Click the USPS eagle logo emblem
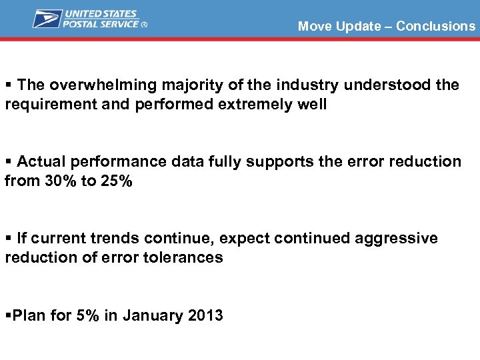coord(47,19)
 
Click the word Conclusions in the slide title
coord(435,27)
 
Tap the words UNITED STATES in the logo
coord(101,14)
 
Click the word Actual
coord(41,162)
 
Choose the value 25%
coord(116,181)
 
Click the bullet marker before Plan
coord(7,315)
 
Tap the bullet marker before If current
coord(8,239)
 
